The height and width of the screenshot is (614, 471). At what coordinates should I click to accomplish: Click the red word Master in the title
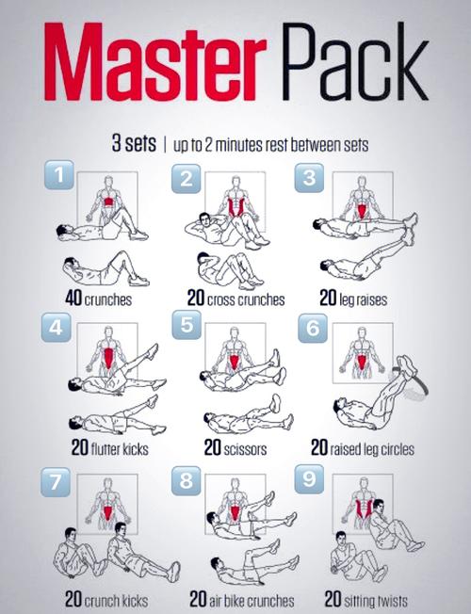(x=155, y=62)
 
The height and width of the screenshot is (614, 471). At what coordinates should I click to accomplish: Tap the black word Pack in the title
(x=354, y=62)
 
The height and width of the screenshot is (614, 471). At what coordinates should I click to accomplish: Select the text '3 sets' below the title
(x=134, y=143)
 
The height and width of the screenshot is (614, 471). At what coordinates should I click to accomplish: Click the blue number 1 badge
(x=59, y=174)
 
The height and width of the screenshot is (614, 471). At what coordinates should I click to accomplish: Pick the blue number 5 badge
(x=187, y=325)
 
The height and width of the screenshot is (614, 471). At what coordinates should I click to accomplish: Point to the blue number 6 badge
(x=313, y=328)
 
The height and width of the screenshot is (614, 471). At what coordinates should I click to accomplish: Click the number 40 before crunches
(x=73, y=299)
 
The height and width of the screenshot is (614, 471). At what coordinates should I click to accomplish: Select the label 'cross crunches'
(x=246, y=300)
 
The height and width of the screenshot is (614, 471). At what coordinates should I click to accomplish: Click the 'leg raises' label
(x=364, y=300)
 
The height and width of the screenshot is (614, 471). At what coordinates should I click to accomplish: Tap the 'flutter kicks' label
(x=120, y=449)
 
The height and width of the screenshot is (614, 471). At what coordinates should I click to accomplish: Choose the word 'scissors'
(x=245, y=449)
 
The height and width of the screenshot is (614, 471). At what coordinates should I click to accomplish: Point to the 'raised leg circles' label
(x=372, y=449)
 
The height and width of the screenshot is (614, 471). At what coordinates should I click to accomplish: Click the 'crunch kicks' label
(x=117, y=601)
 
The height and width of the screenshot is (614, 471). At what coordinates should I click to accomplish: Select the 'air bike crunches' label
(x=252, y=601)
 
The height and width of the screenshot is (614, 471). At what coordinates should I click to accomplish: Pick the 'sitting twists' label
(x=376, y=600)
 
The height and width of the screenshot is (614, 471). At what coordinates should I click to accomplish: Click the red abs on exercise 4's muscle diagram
(x=108, y=358)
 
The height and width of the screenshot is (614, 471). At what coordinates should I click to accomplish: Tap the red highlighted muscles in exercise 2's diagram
(x=235, y=207)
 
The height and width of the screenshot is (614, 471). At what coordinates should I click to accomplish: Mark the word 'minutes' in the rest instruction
(x=239, y=146)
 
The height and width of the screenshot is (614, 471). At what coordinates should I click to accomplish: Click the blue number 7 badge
(x=56, y=482)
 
